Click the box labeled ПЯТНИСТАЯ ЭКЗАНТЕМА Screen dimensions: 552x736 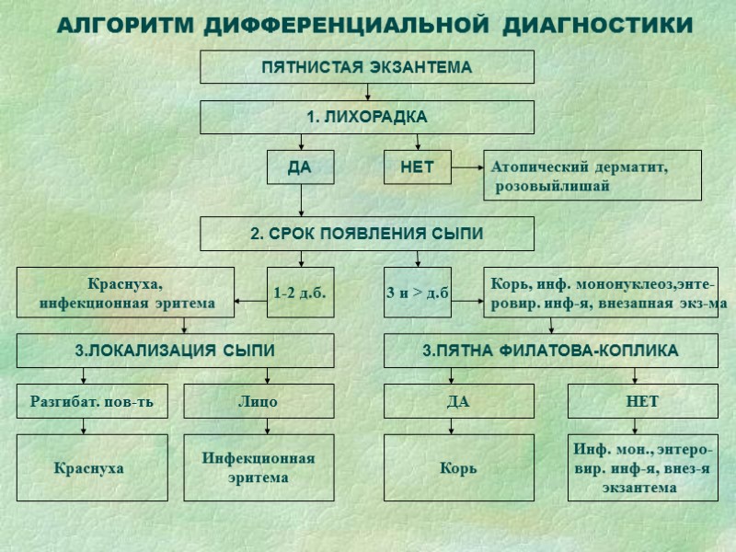pyautogui.click(x=367, y=67)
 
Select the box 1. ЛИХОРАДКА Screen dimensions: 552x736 pyautogui.click(x=367, y=118)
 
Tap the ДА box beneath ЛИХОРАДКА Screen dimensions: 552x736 pyautogui.click(x=300, y=167)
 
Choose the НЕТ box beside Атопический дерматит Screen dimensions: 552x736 pyautogui.click(x=417, y=167)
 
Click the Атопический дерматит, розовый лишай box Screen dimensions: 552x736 pyautogui.click(x=592, y=176)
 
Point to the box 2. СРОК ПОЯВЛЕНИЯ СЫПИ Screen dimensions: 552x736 pyautogui.click(x=367, y=234)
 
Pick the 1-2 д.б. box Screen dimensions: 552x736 pyautogui.click(x=300, y=293)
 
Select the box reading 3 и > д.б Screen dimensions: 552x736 pyautogui.click(x=417, y=293)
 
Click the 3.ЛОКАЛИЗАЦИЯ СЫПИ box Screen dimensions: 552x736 pyautogui.click(x=175, y=351)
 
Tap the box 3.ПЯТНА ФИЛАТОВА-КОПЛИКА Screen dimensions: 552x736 pyautogui.click(x=550, y=351)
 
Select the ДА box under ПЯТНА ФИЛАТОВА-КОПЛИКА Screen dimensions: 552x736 pyautogui.click(x=458, y=401)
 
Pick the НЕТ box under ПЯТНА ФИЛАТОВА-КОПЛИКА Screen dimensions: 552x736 pyautogui.click(x=642, y=401)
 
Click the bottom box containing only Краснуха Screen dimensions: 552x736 pyautogui.click(x=92, y=467)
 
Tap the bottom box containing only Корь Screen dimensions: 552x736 pyautogui.click(x=458, y=467)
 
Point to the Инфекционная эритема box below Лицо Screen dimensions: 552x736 pyautogui.click(x=259, y=467)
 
